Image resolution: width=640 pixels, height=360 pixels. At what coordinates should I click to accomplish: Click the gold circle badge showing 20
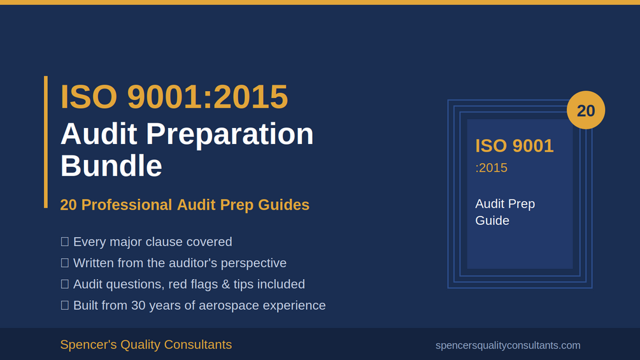tap(586, 110)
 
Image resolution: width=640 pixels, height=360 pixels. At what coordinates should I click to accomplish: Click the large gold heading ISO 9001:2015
tap(174, 97)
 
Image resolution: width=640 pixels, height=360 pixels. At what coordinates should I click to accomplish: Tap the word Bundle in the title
tap(111, 166)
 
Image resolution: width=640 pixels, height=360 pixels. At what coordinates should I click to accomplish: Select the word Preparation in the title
tap(230, 134)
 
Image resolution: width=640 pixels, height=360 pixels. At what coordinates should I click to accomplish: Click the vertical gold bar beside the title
tap(46, 142)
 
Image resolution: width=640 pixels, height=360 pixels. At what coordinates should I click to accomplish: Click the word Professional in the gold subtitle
tap(127, 205)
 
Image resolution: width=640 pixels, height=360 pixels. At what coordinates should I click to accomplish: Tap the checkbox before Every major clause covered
tap(64, 241)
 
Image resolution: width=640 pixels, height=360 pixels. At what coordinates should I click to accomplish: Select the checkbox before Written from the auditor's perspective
tap(64, 263)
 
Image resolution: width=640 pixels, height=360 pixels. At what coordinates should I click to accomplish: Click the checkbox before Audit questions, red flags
tap(64, 284)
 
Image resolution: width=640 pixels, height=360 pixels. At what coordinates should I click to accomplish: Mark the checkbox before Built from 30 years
tap(64, 305)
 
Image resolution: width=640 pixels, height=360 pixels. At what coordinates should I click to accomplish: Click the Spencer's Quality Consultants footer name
tap(146, 345)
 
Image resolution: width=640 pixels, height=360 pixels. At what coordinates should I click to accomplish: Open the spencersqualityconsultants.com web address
tap(508, 345)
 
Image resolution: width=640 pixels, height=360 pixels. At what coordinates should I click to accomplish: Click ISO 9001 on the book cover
tap(515, 146)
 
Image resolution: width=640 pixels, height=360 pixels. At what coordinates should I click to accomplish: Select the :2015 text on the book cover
tap(492, 168)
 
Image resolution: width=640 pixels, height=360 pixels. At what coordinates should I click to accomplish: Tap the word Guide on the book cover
tap(492, 220)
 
